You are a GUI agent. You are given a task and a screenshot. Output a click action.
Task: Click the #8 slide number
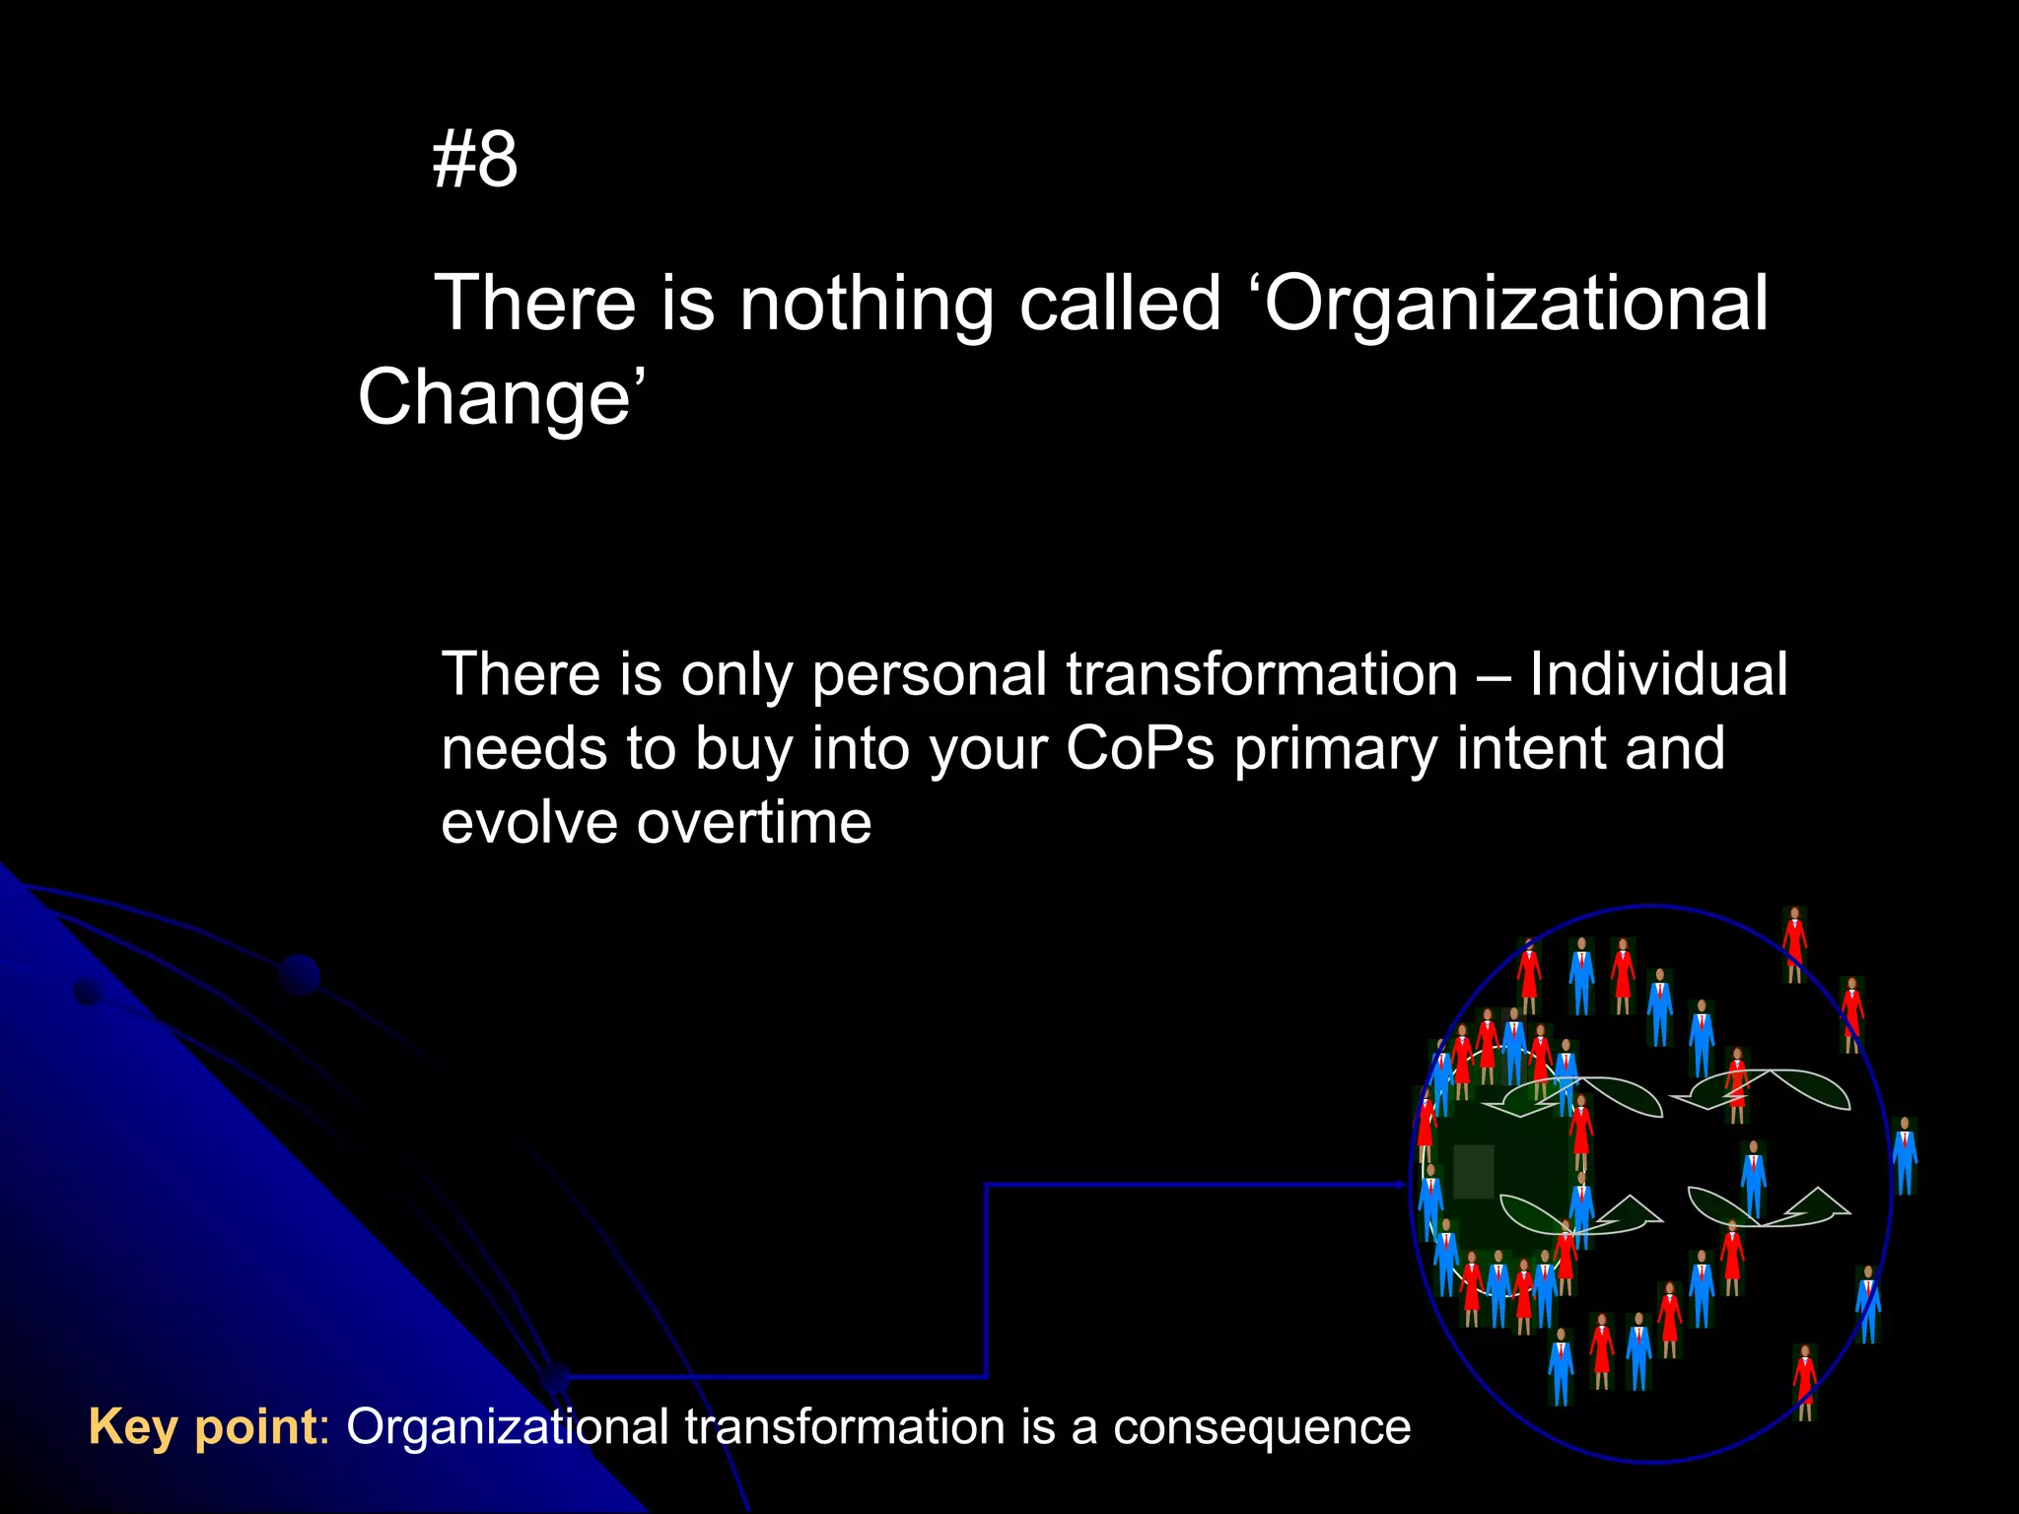coord(474,160)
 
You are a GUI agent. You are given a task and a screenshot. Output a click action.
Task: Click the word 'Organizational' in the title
coord(1516,304)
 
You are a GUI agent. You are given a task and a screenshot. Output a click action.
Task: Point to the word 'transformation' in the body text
coord(1262,675)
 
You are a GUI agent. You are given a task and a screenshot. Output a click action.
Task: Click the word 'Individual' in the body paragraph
coord(1658,675)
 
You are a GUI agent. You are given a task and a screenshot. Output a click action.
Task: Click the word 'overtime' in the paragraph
coord(754,823)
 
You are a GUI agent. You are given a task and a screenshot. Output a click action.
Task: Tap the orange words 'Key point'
coord(202,1427)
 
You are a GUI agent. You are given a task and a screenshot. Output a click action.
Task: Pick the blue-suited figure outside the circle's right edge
coord(1905,1155)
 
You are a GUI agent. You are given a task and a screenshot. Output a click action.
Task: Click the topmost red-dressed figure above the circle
coord(1794,943)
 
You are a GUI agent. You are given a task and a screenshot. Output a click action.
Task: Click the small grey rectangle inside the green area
coord(1474,1171)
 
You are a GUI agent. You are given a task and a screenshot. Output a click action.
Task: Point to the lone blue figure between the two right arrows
coord(1753,1178)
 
